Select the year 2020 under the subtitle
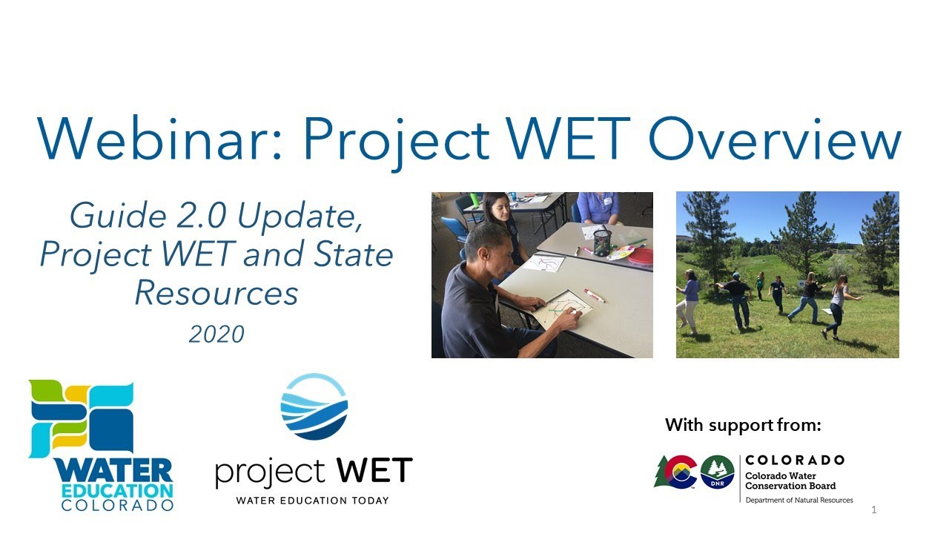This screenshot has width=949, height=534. [x=216, y=334]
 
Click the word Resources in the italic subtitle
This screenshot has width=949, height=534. [x=216, y=294]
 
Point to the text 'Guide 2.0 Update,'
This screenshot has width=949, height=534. [x=216, y=216]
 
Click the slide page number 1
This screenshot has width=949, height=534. [x=874, y=510]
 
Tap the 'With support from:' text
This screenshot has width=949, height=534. [x=743, y=426]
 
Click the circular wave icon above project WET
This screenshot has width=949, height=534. [x=314, y=406]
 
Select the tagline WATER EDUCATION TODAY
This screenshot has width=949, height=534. [x=312, y=501]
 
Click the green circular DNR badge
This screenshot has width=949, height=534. [x=717, y=472]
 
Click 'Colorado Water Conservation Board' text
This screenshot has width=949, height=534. [x=790, y=481]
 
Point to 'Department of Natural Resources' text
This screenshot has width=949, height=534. [x=798, y=501]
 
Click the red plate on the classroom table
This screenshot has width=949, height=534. [x=640, y=257]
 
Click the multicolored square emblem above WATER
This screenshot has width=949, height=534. [x=82, y=417]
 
